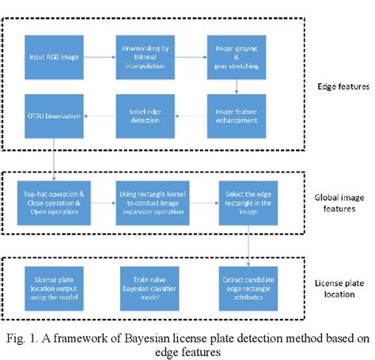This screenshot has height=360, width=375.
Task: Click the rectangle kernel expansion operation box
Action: tap(148, 200)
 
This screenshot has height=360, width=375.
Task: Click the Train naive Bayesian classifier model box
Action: tap(148, 284)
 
